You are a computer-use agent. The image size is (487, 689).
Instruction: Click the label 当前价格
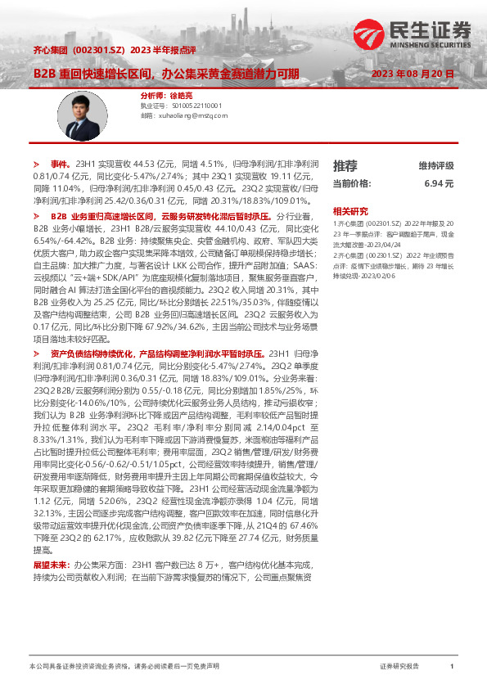[352, 183]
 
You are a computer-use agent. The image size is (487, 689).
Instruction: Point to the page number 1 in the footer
[452, 667]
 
